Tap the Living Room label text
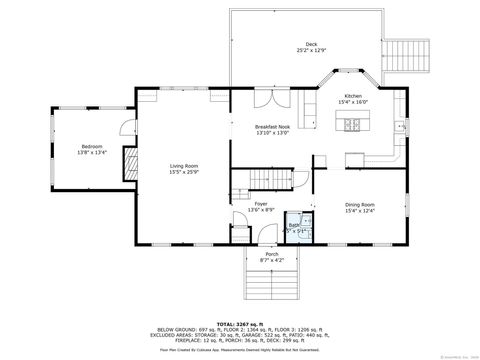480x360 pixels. [x=183, y=165]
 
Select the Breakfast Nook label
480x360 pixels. [x=272, y=127]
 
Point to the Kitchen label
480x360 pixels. [x=353, y=96]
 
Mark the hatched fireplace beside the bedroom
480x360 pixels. [x=128, y=165]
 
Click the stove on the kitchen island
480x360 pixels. [x=352, y=125]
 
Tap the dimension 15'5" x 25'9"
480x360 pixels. [x=183, y=172]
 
